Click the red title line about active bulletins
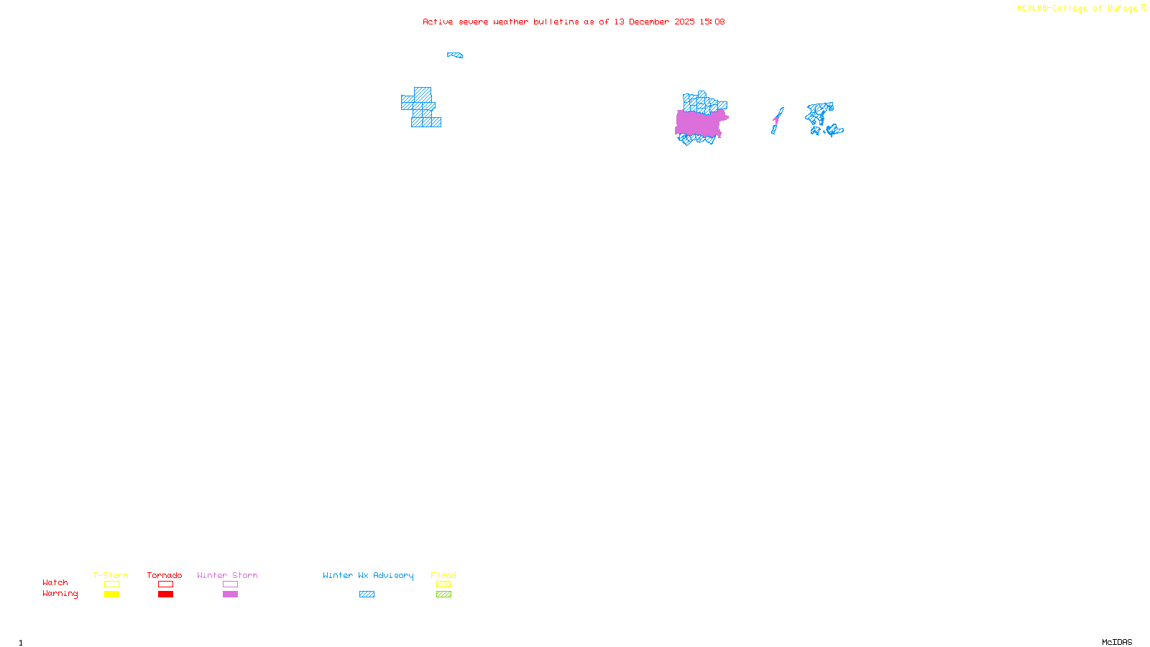tap(573, 22)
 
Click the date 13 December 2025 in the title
tap(654, 22)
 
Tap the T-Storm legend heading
tap(111, 575)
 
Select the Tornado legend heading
tap(165, 575)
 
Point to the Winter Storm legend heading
tap(227, 575)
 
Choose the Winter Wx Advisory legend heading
tap(368, 575)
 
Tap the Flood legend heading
tap(443, 575)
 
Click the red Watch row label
tap(55, 583)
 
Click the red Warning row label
tap(60, 594)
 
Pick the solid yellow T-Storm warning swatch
tap(111, 595)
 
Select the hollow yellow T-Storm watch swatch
tap(111, 584)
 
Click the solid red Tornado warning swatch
tap(165, 595)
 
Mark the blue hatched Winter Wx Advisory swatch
tap(367, 595)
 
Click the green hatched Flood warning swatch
tap(443, 595)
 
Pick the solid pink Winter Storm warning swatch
tap(230, 595)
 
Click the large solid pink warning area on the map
tap(699, 124)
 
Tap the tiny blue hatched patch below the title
tap(455, 55)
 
